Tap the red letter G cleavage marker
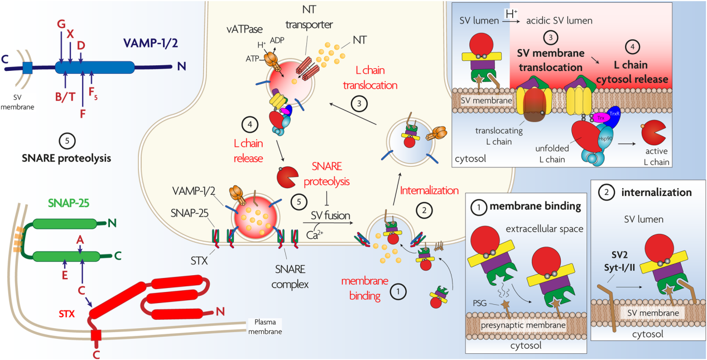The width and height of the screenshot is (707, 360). [x=61, y=23]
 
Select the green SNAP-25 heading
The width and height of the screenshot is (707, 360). [x=69, y=203]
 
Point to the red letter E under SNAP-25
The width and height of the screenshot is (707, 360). [x=65, y=275]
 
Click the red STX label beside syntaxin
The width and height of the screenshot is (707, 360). [x=66, y=314]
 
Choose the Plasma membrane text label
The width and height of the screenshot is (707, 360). [x=265, y=327]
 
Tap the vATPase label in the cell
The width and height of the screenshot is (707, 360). [x=244, y=30]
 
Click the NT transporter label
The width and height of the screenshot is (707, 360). [x=309, y=17]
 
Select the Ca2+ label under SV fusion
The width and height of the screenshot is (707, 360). [x=315, y=234]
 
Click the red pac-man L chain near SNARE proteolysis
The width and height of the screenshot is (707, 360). [x=287, y=177]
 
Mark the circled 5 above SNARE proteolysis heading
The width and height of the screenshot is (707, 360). [x=67, y=141]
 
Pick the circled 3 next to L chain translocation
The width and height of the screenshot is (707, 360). [x=359, y=104]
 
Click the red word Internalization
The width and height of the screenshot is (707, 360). [x=429, y=190]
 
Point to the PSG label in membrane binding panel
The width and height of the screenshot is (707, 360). [x=480, y=303]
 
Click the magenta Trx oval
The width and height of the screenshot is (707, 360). [x=600, y=118]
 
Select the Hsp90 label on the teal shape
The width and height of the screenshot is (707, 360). [x=605, y=138]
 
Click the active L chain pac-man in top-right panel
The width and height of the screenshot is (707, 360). [x=653, y=132]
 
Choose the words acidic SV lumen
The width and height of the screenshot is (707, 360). [x=559, y=21]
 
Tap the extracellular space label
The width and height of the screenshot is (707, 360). [x=545, y=229]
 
